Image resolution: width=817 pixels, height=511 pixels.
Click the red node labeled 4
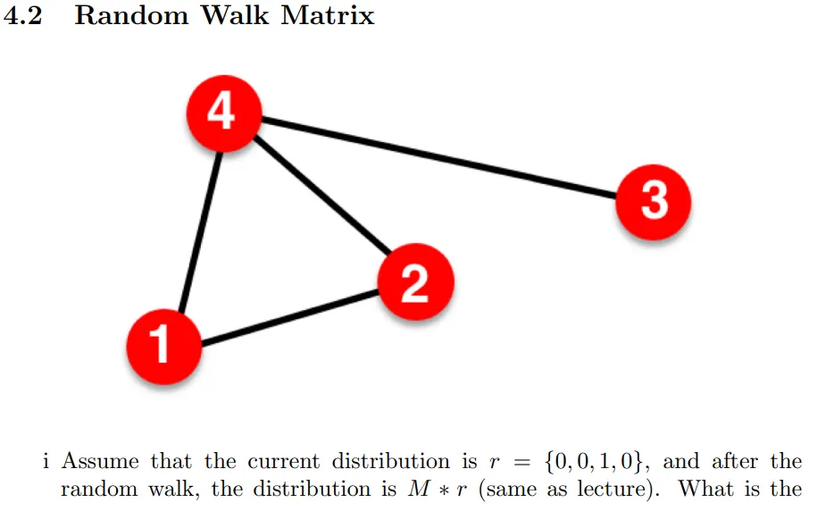222,113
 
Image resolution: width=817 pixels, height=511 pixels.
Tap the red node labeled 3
654,200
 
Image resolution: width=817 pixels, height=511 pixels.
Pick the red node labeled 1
163,345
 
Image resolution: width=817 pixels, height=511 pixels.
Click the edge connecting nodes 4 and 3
438,155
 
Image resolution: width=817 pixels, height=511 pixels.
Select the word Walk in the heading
237,16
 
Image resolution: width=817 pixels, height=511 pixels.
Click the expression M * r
432,490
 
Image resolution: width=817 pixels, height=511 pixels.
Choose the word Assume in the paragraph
100,462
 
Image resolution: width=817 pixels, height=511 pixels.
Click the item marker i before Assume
46,462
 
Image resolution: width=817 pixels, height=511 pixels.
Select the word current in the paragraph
285,462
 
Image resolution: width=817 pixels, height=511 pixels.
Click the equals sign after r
516,463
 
